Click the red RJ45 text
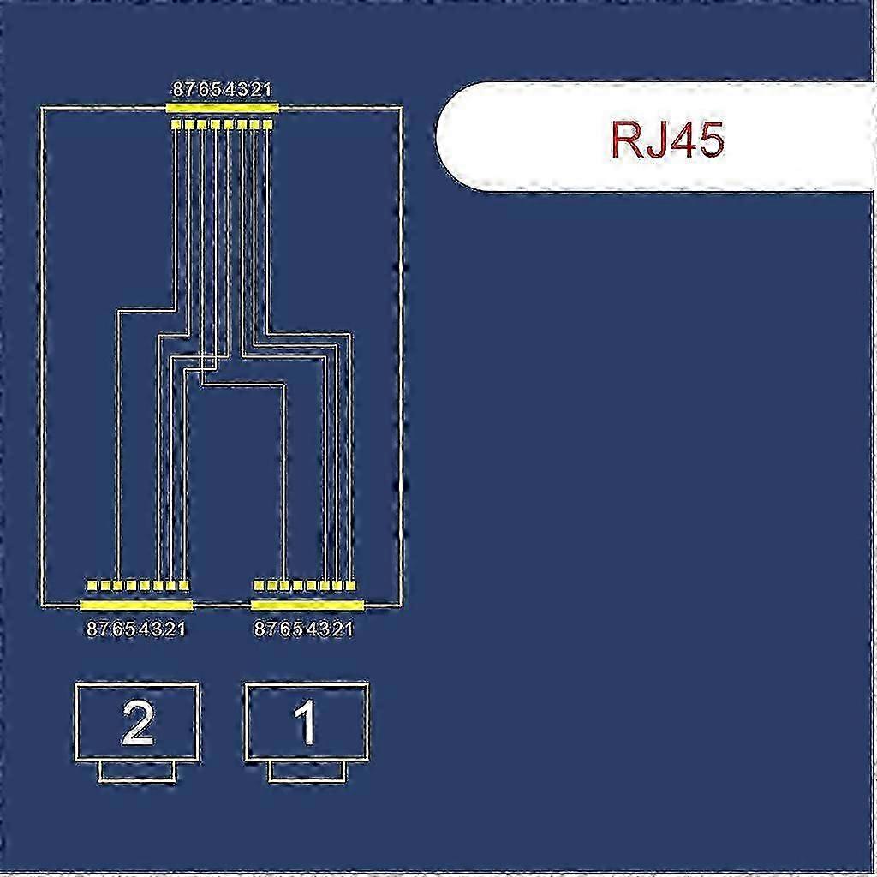point(667,139)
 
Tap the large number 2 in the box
point(137,723)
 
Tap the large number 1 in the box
point(306,723)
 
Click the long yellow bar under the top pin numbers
point(222,107)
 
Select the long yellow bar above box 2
point(136,606)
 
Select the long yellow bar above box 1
point(307,606)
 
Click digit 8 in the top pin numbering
point(178,89)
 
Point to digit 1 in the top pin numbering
point(266,89)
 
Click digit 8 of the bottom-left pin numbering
point(92,629)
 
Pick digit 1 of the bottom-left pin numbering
point(180,629)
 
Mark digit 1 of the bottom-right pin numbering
point(348,629)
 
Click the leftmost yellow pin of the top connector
point(176,124)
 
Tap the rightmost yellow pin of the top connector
point(267,124)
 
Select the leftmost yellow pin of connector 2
point(91,586)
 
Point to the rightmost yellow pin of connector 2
point(184,586)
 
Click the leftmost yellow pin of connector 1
point(259,586)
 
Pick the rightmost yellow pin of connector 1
point(350,586)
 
